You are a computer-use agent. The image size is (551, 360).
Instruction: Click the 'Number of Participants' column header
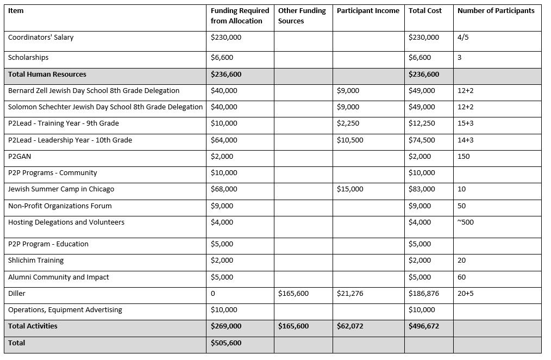[x=496, y=11]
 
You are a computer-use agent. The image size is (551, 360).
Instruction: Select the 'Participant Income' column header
[x=368, y=11]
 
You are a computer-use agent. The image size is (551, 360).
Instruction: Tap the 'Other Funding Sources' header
[x=302, y=16]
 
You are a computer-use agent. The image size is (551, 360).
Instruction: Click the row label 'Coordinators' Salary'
[x=41, y=38]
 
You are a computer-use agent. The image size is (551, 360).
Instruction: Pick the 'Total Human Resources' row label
[x=47, y=75]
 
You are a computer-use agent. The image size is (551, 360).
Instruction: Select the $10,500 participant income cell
[x=350, y=140]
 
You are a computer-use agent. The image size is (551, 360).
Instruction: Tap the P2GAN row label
[x=20, y=157]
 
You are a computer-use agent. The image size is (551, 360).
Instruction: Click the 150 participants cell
[x=464, y=157]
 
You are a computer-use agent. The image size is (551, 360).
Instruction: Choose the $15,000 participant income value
[x=350, y=189]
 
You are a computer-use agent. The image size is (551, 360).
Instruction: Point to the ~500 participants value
[x=466, y=222]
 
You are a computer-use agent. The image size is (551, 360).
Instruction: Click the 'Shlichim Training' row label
[x=36, y=260]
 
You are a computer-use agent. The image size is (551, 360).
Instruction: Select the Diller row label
[x=17, y=294]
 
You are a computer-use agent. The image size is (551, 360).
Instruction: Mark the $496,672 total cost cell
[x=424, y=326]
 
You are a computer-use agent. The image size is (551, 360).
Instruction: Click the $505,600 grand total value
[x=226, y=343]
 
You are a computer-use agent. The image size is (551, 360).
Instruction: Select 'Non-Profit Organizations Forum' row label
[x=60, y=206]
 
